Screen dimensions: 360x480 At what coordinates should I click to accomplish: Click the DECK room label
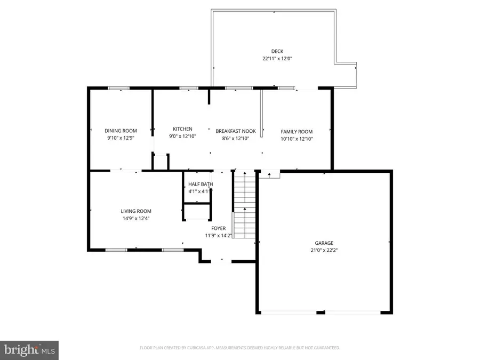point(273,52)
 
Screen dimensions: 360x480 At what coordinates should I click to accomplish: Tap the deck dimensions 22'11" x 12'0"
point(273,59)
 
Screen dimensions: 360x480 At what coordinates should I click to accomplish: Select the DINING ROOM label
point(121,131)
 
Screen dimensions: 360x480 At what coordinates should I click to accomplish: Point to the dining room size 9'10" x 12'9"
point(121,138)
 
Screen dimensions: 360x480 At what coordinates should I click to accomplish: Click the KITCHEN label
point(182,129)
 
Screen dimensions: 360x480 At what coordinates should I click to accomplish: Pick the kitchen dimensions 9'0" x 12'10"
point(182,137)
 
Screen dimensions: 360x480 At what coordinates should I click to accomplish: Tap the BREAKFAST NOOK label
point(236,131)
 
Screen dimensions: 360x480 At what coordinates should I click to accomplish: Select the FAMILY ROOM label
point(297,132)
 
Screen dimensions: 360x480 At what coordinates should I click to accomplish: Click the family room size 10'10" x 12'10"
point(297,139)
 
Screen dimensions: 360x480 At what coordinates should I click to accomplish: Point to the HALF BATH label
point(201,185)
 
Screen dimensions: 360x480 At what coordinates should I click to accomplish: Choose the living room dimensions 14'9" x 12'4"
point(136,218)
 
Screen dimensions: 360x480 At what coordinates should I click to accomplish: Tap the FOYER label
point(219,228)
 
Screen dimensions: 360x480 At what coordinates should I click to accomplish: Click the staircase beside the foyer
point(245,205)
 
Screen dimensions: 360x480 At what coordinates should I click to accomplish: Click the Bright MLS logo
point(29,350)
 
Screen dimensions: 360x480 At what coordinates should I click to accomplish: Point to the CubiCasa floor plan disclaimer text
point(239,348)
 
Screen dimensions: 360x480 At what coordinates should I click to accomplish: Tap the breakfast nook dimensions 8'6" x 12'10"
point(236,139)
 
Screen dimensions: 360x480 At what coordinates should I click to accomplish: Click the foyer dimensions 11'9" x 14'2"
point(219,235)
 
